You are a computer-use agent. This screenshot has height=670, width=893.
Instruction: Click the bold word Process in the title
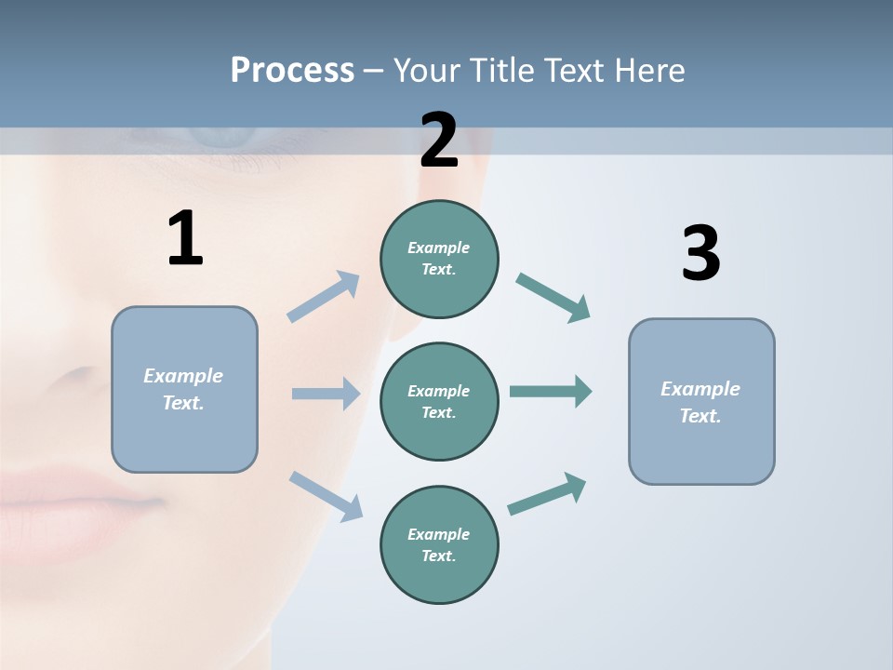(x=292, y=71)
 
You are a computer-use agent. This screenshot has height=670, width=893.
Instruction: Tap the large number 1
(x=185, y=239)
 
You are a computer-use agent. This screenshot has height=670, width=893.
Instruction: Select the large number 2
(x=439, y=141)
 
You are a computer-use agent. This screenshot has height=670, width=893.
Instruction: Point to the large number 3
(x=700, y=254)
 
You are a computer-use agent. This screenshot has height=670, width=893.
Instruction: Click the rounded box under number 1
(x=184, y=389)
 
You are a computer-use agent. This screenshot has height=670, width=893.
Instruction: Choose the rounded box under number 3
(x=701, y=402)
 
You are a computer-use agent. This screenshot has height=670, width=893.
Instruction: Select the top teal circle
(x=439, y=259)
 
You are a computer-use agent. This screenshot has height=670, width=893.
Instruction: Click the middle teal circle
(x=439, y=402)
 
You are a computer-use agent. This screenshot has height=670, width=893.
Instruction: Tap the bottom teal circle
(x=439, y=545)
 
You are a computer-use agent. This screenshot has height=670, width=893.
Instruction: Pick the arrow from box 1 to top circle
(x=324, y=296)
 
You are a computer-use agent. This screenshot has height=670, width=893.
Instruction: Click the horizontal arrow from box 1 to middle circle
(x=326, y=394)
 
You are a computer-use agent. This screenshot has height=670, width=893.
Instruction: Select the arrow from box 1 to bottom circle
(x=326, y=495)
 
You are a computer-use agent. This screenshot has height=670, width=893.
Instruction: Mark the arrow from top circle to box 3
(x=553, y=298)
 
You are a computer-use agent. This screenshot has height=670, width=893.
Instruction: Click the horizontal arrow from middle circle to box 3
(x=551, y=391)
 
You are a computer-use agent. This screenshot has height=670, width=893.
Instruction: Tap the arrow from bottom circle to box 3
(x=547, y=493)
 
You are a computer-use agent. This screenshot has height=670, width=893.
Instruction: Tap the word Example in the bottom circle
(x=438, y=534)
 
